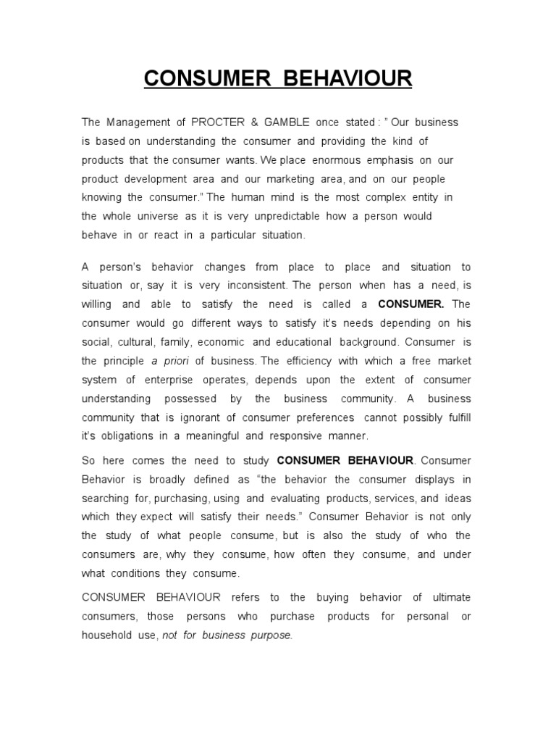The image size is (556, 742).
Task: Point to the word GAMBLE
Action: coord(280,122)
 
